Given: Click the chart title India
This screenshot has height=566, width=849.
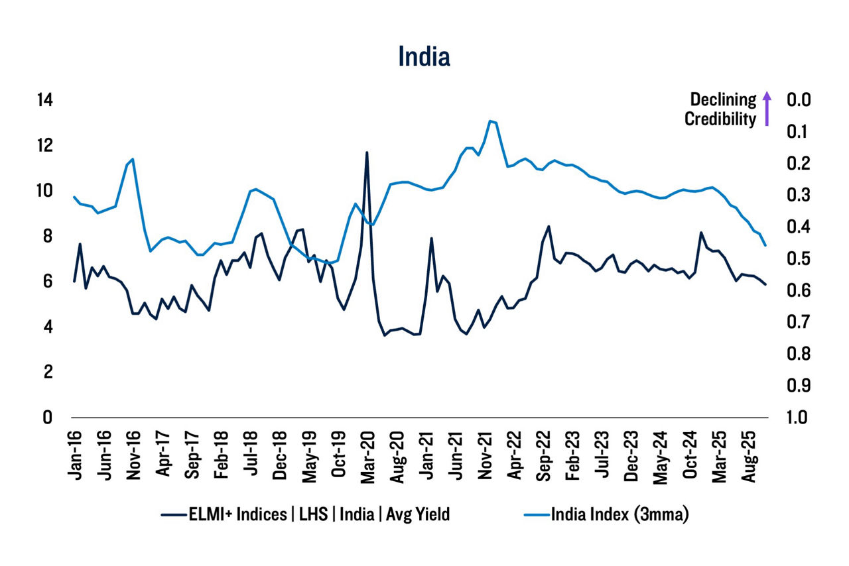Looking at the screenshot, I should (424, 57).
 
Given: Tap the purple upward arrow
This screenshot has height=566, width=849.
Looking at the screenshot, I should (766, 109).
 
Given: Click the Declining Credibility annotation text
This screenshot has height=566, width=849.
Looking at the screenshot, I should (720, 109).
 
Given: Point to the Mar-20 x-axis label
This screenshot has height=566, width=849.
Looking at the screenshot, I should (367, 451).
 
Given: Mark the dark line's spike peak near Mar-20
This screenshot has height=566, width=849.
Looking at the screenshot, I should (367, 152).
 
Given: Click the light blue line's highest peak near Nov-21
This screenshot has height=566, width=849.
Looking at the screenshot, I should (490, 121).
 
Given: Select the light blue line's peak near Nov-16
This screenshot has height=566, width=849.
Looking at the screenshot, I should (133, 159).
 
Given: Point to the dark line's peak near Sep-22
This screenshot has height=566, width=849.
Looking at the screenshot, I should (549, 226).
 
